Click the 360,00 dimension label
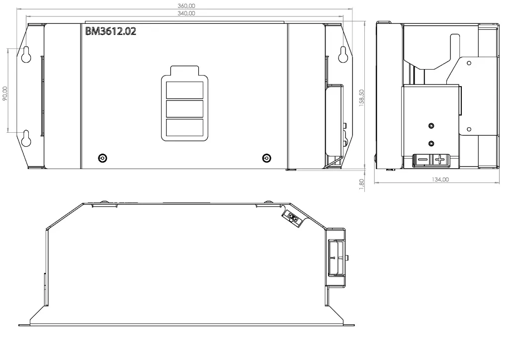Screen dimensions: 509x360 pyautogui.click(x=186, y=6)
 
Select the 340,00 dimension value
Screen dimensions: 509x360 pyautogui.click(x=186, y=13)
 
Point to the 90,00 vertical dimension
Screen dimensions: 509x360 pyautogui.click(x=5, y=93)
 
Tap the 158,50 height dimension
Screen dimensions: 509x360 pyautogui.click(x=362, y=98)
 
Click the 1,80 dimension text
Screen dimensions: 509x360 pyautogui.click(x=362, y=184)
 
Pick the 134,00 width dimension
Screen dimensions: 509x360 pyautogui.click(x=440, y=180)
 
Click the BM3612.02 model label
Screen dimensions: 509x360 pyautogui.click(x=111, y=31)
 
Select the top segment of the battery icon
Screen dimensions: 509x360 pyautogui.click(x=185, y=90)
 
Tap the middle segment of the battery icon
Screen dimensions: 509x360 pyautogui.click(x=185, y=109)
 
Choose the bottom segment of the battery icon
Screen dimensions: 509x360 pyautogui.click(x=185, y=128)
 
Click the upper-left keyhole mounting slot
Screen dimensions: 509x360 pyautogui.click(x=26, y=54)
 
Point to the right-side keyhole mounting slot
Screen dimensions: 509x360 pyautogui.click(x=343, y=54)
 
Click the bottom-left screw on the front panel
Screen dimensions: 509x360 pyautogui.click(x=102, y=158)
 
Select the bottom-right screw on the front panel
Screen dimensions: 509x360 pyautogui.click(x=266, y=158)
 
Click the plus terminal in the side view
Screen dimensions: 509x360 pyautogui.click(x=439, y=160)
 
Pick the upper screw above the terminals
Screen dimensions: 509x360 pyautogui.click(x=431, y=126)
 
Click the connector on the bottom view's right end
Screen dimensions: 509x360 pyautogui.click(x=336, y=258)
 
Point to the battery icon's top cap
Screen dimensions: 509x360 pyautogui.click(x=184, y=71)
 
